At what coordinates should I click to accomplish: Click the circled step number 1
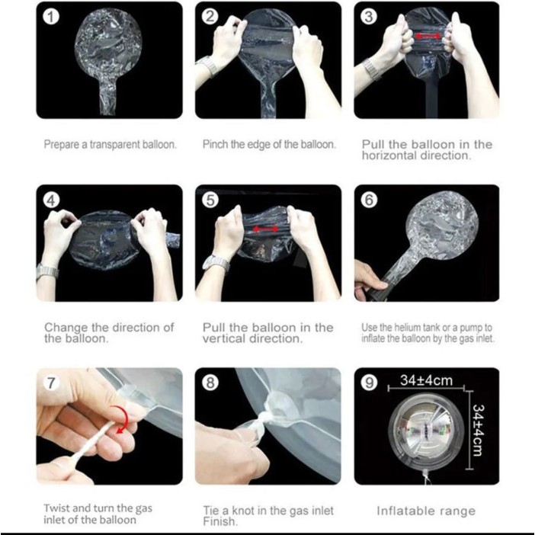coord(51,17)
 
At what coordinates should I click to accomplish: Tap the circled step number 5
coord(210,200)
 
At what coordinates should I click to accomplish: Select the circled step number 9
coord(369,383)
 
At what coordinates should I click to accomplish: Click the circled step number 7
coord(51,383)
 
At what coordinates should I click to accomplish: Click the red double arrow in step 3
coord(428,36)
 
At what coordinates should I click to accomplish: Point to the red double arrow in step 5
coord(265,229)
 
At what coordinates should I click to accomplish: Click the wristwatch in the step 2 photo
coord(207,66)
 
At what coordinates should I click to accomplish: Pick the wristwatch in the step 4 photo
coord(47,272)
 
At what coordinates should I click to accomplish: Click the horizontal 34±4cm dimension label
coord(427,380)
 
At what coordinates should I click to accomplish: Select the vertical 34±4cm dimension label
coord(478,430)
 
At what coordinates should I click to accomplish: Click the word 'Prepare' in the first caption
coord(62,145)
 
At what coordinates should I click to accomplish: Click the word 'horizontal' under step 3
coord(389,155)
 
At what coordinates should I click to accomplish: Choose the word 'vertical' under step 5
coord(224,339)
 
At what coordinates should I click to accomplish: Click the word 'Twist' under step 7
coord(56,508)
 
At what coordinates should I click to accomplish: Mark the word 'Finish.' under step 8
coord(220,521)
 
